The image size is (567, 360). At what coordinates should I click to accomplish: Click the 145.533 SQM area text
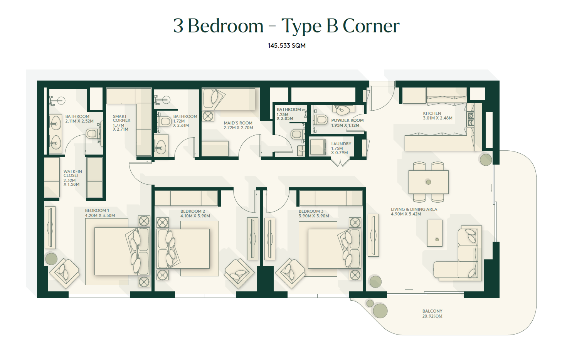click(286, 45)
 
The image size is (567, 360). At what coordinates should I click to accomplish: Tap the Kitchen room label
click(432, 113)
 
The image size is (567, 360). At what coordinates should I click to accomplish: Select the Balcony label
click(432, 311)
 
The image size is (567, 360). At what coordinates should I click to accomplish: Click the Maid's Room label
click(238, 123)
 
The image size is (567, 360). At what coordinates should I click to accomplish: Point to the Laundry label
click(341, 144)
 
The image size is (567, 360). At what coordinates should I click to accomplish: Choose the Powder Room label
click(347, 120)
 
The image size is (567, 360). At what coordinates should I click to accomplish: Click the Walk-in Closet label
click(72, 173)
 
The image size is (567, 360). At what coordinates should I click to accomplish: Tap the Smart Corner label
click(121, 118)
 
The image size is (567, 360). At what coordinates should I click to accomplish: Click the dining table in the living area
click(428, 182)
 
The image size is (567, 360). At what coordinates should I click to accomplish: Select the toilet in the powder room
click(321, 119)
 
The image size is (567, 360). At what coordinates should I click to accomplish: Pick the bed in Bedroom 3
click(334, 249)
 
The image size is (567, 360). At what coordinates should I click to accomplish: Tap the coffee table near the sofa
click(435, 233)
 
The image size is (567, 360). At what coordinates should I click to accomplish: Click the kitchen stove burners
click(471, 119)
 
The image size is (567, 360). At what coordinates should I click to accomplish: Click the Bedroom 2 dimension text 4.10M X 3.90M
click(195, 216)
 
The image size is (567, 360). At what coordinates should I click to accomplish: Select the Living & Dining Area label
click(414, 209)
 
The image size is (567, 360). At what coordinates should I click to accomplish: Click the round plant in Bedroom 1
click(51, 259)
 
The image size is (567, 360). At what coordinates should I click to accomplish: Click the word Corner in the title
click(371, 26)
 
